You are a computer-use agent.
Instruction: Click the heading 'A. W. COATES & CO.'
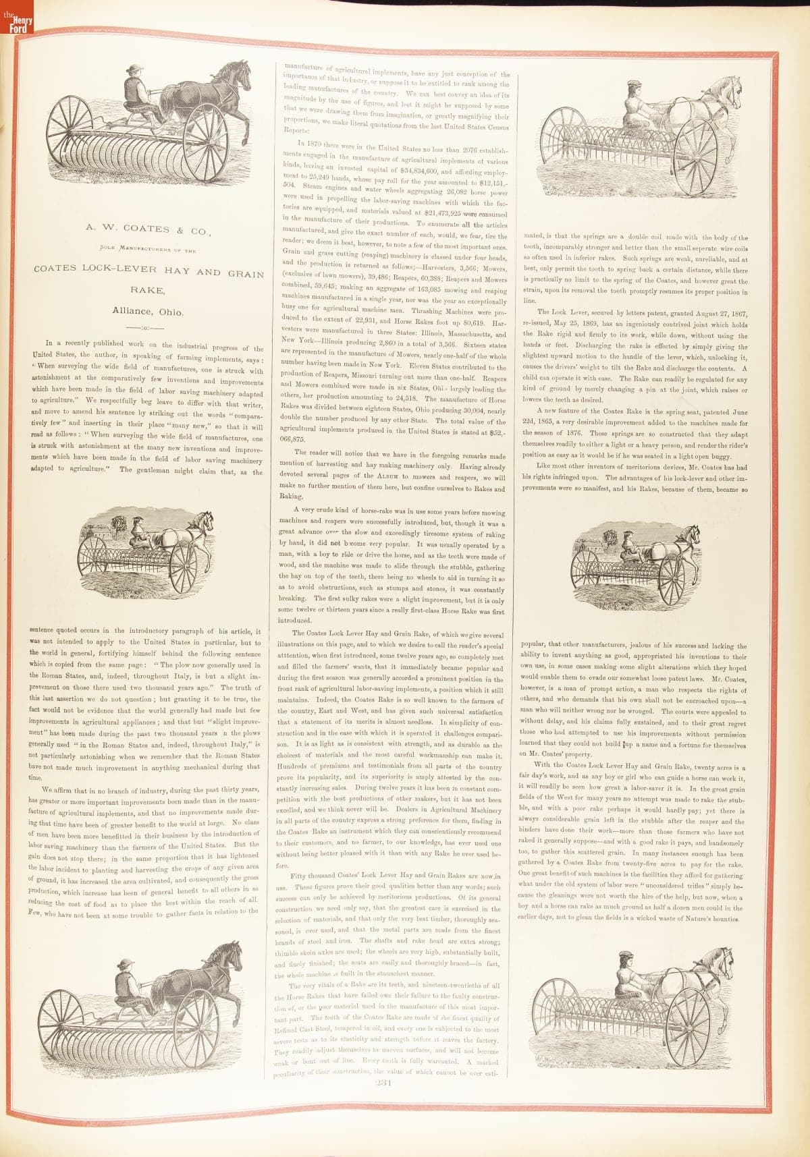(148, 229)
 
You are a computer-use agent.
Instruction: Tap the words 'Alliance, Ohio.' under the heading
(148, 312)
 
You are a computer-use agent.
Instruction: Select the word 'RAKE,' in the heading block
(148, 291)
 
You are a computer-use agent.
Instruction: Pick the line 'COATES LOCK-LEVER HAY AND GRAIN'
(148, 271)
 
